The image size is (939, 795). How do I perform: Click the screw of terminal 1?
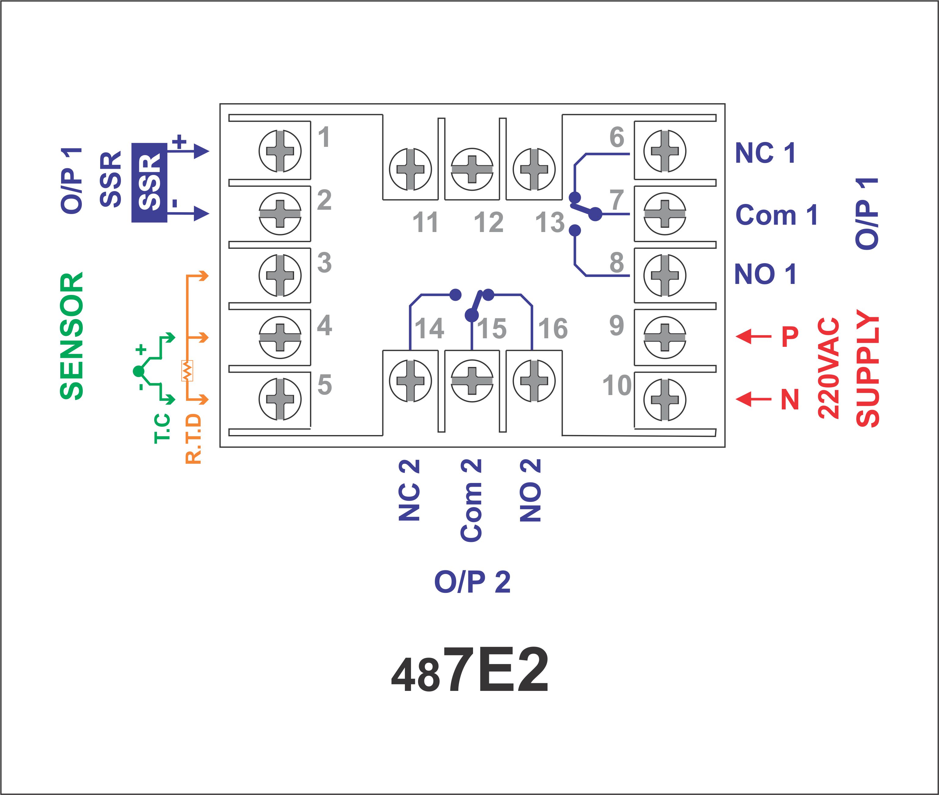(280, 151)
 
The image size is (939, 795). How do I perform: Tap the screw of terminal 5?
(280, 399)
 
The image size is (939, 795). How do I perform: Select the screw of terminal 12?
(472, 169)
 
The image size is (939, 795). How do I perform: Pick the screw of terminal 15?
(472, 380)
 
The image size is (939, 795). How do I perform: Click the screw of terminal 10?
(665, 399)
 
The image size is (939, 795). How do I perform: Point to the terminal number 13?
(550, 222)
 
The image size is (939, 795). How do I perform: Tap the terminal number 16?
(553, 329)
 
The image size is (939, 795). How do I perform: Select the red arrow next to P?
(753, 336)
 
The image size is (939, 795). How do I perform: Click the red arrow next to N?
(753, 399)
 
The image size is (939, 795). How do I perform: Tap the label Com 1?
(776, 215)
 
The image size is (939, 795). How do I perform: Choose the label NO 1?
(765, 274)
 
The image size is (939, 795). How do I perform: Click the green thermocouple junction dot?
(138, 371)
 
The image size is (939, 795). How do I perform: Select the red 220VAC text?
(828, 368)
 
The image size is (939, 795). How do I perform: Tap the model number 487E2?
(470, 670)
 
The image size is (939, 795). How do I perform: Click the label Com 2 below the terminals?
(471, 500)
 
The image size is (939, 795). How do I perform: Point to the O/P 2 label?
(472, 582)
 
